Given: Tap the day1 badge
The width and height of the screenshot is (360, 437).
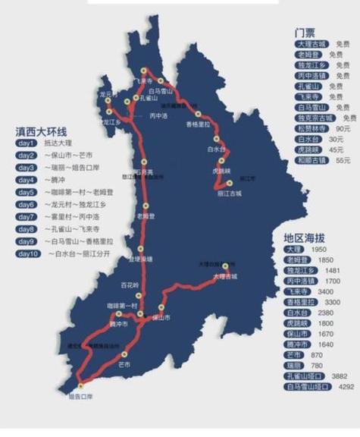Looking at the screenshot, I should [27, 143].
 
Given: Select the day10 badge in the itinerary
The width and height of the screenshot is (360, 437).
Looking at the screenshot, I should [28, 253].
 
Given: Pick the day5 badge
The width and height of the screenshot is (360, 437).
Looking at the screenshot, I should [27, 192].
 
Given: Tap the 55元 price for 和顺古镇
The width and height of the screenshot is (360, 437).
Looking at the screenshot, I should [342, 161].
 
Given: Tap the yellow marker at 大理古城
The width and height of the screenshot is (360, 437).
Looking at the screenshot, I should [226, 266].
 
